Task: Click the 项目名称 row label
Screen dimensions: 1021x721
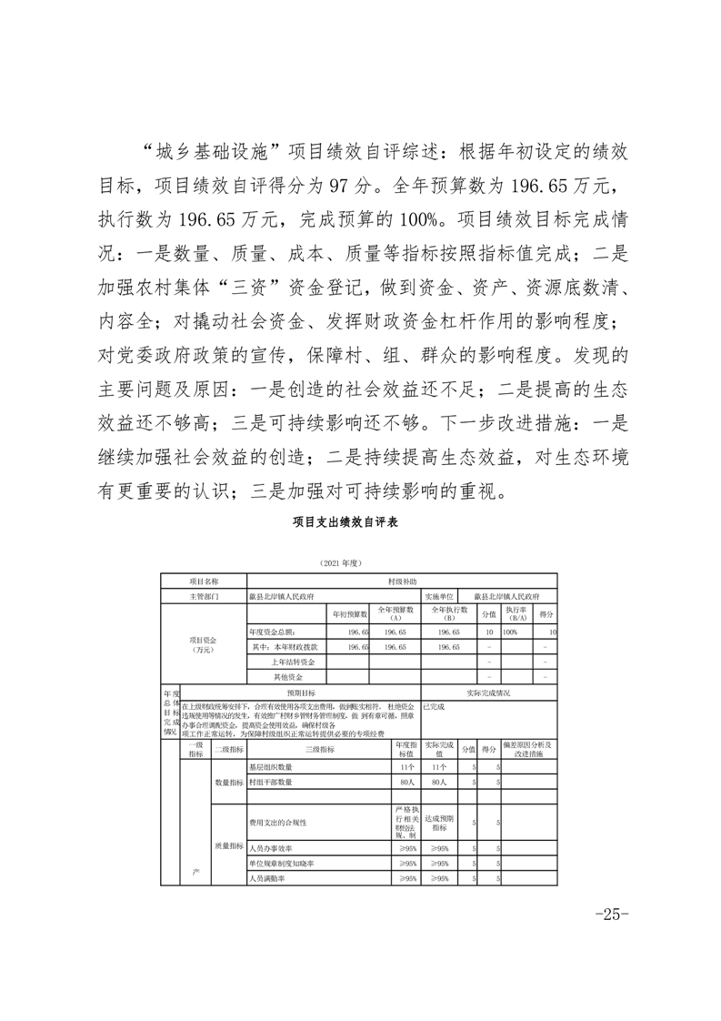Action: click(x=204, y=581)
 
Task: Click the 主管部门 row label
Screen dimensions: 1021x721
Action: click(x=204, y=597)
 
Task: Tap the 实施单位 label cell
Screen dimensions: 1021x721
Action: click(x=440, y=597)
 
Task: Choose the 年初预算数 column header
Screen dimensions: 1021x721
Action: click(x=347, y=614)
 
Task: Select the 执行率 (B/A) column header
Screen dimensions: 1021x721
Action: click(x=516, y=614)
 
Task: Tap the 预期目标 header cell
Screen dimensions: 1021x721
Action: click(x=301, y=692)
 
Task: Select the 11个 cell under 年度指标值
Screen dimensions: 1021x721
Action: click(x=406, y=767)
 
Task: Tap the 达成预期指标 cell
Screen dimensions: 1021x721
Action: click(x=440, y=823)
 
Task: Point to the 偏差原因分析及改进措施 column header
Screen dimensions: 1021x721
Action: click(x=527, y=750)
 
